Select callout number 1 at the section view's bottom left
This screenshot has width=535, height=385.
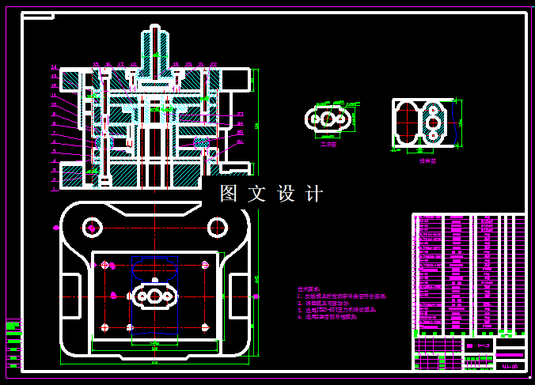[54, 190]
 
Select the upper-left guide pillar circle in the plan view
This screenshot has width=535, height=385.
[93, 228]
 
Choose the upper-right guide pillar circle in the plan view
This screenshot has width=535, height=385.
[217, 228]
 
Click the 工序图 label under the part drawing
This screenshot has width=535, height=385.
[328, 145]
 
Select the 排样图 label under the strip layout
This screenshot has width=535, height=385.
[427, 160]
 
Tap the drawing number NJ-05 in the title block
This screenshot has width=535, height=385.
[510, 366]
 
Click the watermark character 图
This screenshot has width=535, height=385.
[229, 194]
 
